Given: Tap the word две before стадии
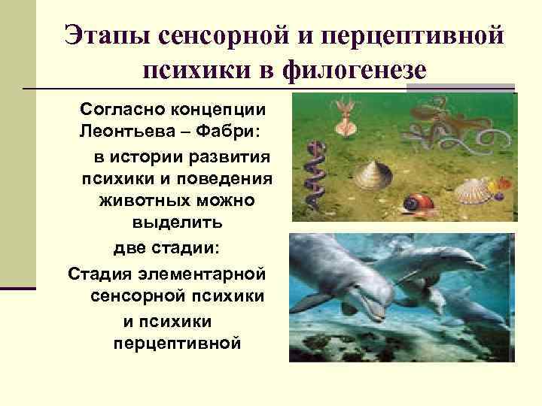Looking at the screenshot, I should pos(132,247).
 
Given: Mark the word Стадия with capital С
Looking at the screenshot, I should pos(97,271).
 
